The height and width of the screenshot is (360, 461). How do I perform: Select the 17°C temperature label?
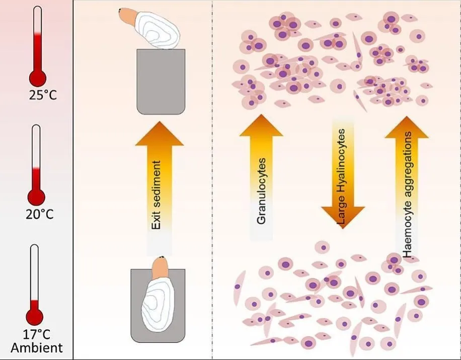pos(37,333)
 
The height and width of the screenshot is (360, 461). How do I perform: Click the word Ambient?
pos(37,347)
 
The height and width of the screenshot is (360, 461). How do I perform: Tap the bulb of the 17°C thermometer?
pos(35,316)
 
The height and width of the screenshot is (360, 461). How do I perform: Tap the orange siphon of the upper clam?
pos(128,17)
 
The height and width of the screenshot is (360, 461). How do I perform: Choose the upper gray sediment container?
pos(161,81)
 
